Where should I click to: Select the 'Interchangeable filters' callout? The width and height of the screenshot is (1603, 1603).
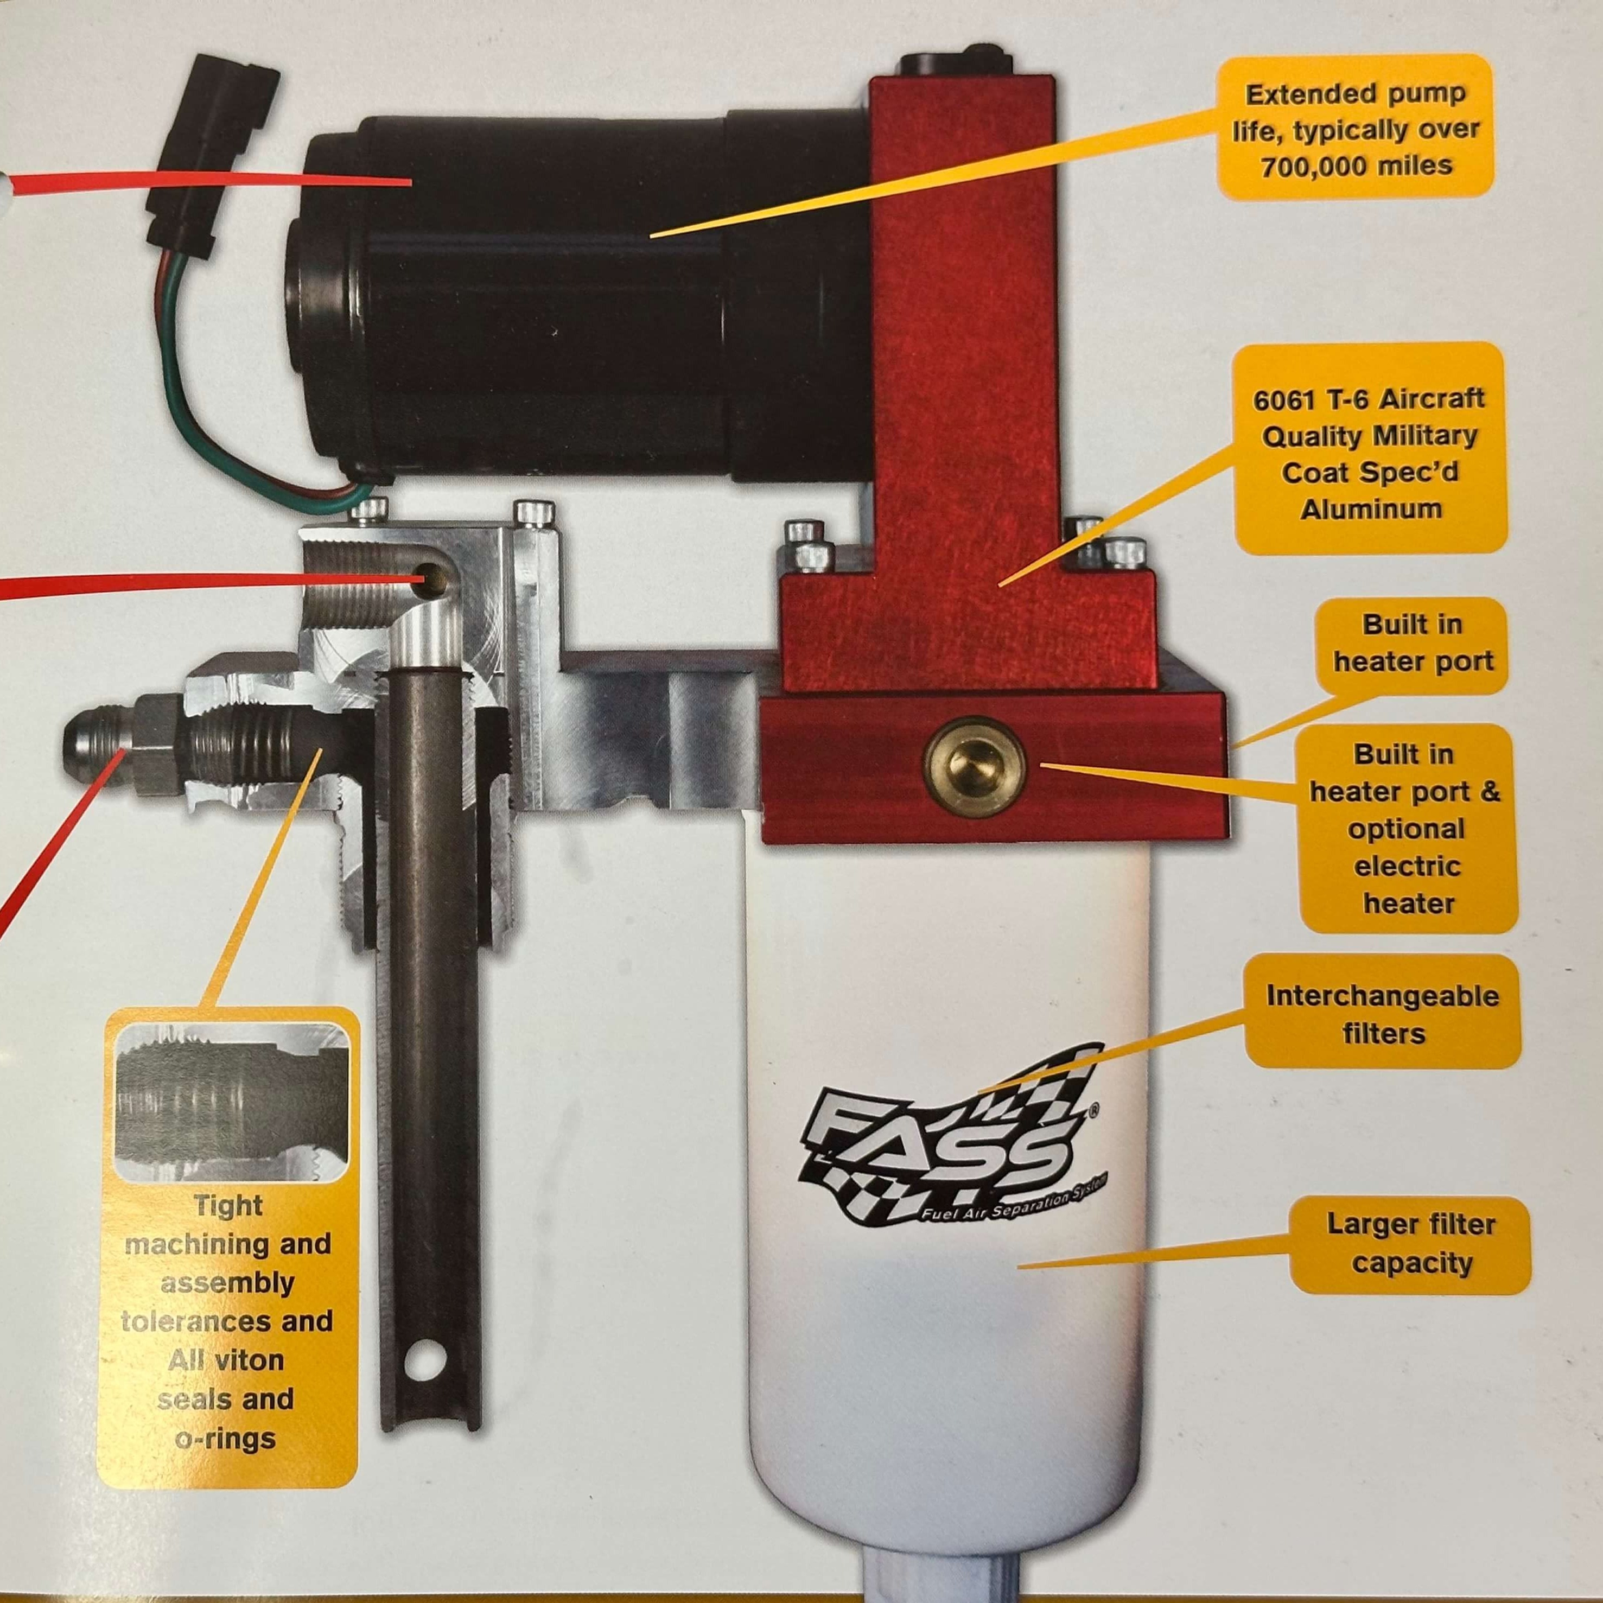tap(1382, 1014)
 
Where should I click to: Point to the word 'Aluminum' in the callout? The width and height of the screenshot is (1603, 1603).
tap(1371, 508)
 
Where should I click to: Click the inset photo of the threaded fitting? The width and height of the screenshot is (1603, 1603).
tap(230, 1103)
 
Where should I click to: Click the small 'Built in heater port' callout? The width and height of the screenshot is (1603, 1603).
tap(1412, 643)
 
